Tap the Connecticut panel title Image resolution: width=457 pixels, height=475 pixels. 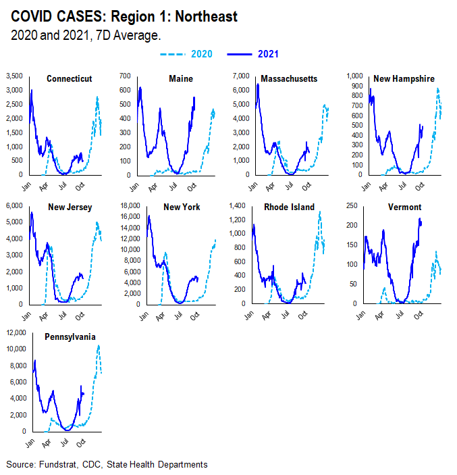69,79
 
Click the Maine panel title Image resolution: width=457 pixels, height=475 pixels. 181,79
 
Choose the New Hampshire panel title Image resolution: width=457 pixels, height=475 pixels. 404,79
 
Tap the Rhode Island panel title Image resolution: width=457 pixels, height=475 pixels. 292,207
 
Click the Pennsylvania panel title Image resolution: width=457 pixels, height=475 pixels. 69,336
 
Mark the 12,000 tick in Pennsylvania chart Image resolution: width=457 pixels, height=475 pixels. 14,332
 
